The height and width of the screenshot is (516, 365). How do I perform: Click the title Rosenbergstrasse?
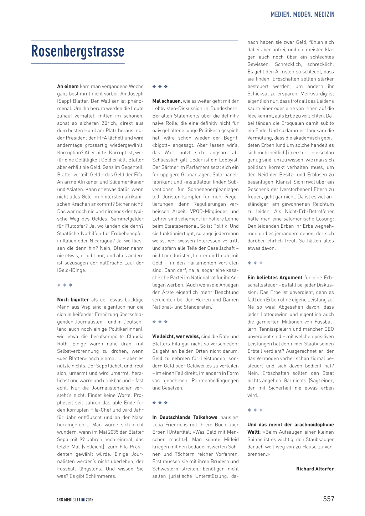pyautogui.click(x=78, y=51)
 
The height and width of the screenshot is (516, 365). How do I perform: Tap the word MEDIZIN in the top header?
pyautogui.click(x=324, y=15)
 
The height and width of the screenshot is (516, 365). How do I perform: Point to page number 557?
pyautogui.click(x=329, y=499)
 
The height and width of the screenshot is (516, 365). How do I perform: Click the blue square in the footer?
pyautogui.click(x=83, y=500)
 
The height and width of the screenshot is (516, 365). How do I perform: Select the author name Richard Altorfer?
pyautogui.click(x=315, y=469)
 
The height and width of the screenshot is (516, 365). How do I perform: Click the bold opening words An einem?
pyautogui.click(x=68, y=86)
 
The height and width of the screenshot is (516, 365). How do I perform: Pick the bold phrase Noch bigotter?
pyautogui.click(x=73, y=300)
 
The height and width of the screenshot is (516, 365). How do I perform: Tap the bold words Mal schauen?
pyautogui.click(x=167, y=101)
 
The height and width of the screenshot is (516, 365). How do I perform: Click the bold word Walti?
pyautogui.click(x=254, y=432)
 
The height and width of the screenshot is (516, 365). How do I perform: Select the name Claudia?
pyautogui.click(x=135, y=336)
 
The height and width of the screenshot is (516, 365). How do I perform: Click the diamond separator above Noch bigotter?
pyautogui.click(x=65, y=285)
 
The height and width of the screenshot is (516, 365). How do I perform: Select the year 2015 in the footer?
pyautogui.click(x=89, y=500)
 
